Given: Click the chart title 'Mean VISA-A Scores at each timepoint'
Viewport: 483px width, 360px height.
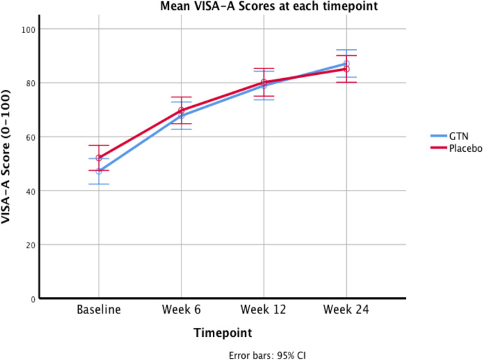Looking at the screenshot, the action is pos(269,6).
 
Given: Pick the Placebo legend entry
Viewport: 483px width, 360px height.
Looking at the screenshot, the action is pos(456,148).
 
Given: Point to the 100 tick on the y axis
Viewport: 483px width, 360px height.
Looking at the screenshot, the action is pos(28,30).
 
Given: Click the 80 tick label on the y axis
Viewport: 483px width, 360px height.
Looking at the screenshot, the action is pos(30,83).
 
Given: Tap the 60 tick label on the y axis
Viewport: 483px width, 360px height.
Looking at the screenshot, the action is pos(30,137).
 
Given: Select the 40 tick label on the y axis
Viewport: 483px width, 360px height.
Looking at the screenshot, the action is pos(30,191).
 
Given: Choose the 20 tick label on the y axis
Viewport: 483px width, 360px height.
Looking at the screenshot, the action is pos(30,245).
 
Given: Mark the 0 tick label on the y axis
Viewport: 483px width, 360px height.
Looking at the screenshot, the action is pos(34,300).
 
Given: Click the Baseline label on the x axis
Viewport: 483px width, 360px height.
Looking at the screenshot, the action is pos(99,309).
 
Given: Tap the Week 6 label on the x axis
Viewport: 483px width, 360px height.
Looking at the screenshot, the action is pos(181,309).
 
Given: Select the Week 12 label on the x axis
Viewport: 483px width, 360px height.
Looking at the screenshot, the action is pos(264,309).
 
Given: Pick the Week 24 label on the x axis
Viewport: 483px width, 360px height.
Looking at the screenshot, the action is pos(346,309).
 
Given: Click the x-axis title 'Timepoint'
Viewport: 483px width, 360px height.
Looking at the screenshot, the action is pos(223,333).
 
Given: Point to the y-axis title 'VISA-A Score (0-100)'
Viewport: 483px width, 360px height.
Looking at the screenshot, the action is pos(5,157).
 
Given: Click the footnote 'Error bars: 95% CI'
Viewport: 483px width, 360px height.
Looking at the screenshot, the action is pos(267,355).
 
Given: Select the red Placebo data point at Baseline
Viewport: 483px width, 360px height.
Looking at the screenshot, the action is pos(99,158).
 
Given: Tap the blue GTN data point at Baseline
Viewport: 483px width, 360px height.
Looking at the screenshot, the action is pos(99,171).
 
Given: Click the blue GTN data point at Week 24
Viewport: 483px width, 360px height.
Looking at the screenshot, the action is pos(346,64).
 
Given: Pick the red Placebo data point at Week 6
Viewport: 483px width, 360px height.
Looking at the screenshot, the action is pos(181,110).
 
